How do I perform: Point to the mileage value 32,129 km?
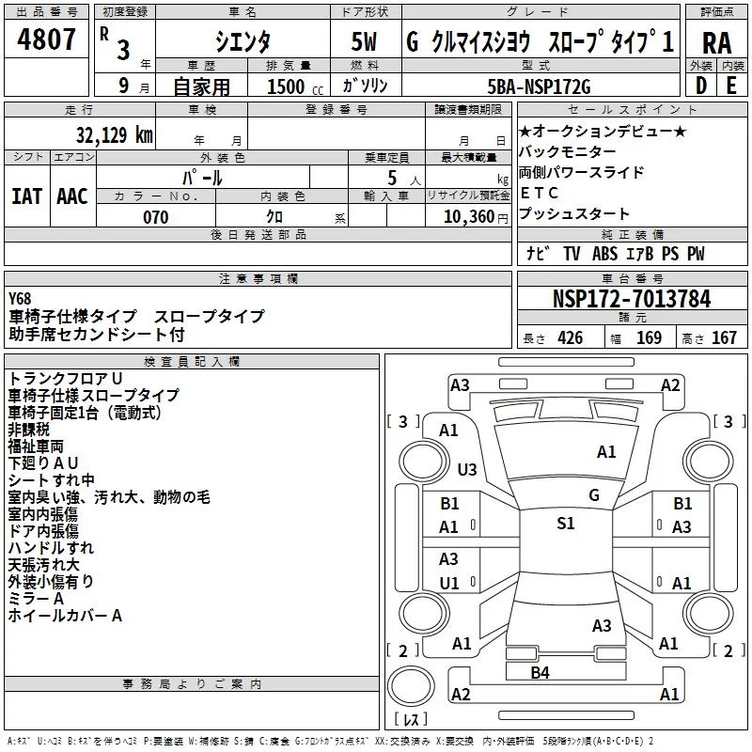(115, 134)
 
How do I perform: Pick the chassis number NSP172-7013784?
(631, 299)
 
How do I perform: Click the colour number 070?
(155, 217)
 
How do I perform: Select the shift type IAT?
(26, 196)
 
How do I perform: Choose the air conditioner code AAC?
(72, 196)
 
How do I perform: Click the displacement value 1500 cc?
(282, 86)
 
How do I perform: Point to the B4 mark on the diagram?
(540, 672)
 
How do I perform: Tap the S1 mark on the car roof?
(565, 524)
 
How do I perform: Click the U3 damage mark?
(466, 469)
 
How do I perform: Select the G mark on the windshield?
(593, 494)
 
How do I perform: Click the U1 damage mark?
(449, 583)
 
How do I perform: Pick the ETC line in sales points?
(533, 193)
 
